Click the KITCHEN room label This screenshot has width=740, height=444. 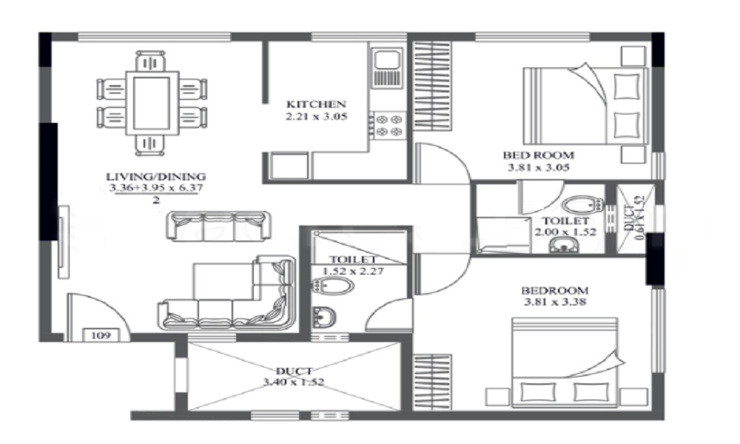[316, 104]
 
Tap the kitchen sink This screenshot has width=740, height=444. [388, 67]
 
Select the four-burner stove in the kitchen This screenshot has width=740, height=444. [388, 125]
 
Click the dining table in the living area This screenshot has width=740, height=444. [152, 104]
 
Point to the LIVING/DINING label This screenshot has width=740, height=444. [155, 177]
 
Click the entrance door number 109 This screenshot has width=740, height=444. [101, 335]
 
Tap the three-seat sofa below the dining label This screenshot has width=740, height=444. [218, 226]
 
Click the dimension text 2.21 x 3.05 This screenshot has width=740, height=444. [316, 116]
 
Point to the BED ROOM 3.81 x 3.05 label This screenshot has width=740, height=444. [539, 161]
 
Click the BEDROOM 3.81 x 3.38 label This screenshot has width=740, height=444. [555, 296]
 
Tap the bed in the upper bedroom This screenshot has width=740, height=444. [585, 105]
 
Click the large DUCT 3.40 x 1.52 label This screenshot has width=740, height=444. [294, 376]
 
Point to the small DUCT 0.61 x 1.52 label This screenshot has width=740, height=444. [634, 218]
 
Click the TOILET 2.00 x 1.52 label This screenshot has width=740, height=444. [565, 226]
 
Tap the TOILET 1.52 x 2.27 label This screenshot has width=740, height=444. [353, 265]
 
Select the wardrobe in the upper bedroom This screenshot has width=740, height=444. [432, 85]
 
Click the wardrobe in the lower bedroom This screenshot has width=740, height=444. [432, 382]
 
